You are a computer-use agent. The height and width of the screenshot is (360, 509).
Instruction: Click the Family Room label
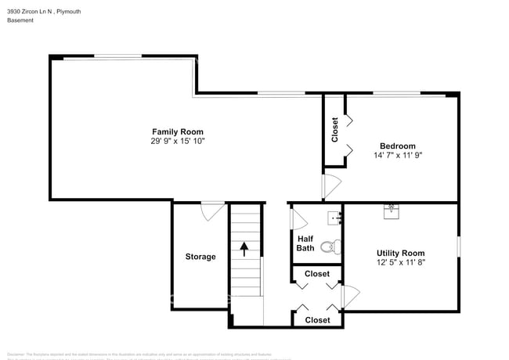(178, 131)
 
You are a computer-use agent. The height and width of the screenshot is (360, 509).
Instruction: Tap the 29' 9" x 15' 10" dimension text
(178, 142)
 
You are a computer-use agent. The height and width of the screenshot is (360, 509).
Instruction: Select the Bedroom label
(397, 146)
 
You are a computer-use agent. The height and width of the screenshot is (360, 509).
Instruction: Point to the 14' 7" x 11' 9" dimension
(397, 156)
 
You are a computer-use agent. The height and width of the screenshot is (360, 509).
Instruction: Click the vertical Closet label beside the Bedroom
(335, 129)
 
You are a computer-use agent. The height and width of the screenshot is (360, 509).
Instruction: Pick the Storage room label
(200, 257)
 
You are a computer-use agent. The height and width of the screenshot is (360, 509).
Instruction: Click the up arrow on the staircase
(244, 249)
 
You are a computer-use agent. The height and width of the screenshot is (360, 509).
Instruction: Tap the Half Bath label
(305, 243)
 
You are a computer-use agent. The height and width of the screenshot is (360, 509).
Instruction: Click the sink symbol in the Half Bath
(334, 216)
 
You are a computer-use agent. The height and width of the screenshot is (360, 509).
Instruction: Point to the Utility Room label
(400, 253)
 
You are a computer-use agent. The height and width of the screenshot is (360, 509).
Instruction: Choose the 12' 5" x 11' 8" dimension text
(400, 263)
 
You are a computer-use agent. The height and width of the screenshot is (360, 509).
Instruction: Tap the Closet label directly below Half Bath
(316, 274)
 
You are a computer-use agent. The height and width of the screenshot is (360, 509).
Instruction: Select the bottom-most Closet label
(316, 319)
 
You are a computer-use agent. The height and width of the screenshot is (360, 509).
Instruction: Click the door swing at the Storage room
(212, 211)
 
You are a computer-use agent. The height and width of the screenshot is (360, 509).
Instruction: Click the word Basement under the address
(20, 21)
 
